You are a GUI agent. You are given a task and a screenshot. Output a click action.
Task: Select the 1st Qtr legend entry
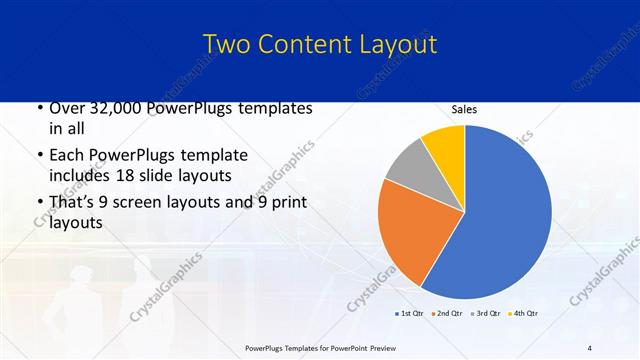pyautogui.click(x=407, y=314)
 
